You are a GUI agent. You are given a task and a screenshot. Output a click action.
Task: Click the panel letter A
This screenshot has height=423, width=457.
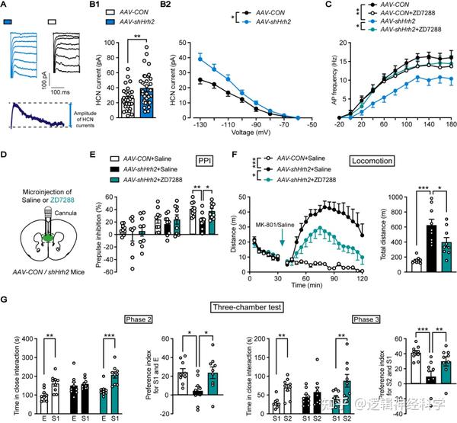click(x=6, y=6)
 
